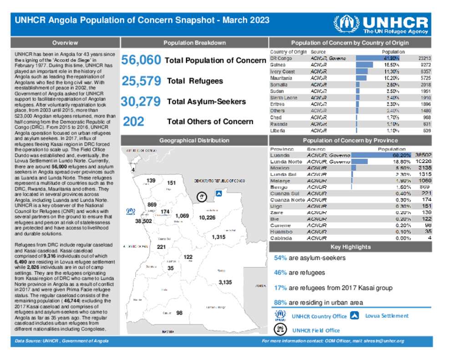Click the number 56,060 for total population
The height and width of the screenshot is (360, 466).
pos(141,61)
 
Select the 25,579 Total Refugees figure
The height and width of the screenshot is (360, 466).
pos(141,81)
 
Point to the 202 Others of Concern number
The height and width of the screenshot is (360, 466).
pos(133,122)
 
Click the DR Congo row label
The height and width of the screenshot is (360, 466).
pos(281,59)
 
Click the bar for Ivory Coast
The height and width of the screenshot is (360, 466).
pos(361,71)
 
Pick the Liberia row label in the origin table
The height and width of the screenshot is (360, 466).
pos(278,131)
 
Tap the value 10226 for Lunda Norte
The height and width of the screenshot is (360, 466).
pos(424,162)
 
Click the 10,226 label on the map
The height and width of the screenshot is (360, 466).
pos(207,218)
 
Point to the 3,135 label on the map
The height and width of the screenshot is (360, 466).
pos(225,282)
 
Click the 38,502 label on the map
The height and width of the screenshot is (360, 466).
pos(143,221)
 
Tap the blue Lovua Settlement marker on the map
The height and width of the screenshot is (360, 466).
pos(218,193)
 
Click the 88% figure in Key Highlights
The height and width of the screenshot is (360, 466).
pos(280,303)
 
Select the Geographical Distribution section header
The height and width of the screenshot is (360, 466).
pos(194,141)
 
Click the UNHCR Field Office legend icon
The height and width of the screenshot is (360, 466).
pos(280,330)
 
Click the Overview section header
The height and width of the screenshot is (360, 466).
pos(65,43)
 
